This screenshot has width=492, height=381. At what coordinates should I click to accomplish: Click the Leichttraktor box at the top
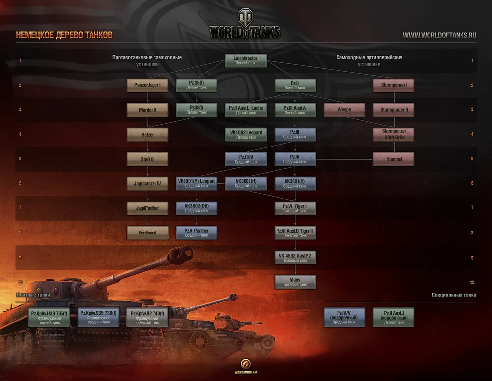click(246, 60)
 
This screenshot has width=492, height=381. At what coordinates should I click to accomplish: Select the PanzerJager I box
click(147, 85)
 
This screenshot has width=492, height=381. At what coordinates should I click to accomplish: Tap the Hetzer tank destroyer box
click(147, 134)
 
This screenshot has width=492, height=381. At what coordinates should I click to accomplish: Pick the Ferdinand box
click(147, 233)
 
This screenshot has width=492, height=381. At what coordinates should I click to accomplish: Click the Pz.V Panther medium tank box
click(196, 233)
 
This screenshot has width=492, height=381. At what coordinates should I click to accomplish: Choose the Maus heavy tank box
click(295, 282)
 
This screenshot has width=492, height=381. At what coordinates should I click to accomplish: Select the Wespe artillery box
click(344, 110)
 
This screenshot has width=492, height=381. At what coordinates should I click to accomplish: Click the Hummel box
click(393, 159)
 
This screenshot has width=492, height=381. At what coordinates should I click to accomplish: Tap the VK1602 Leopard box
click(246, 134)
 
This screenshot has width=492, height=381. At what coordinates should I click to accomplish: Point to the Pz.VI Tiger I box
click(295, 208)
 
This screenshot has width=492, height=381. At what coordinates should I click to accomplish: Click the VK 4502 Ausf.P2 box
click(295, 257)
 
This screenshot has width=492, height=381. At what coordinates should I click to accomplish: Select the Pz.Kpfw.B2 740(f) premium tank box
click(147, 317)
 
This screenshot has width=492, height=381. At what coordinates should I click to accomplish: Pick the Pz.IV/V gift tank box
click(344, 317)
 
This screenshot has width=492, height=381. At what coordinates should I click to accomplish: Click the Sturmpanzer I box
click(393, 85)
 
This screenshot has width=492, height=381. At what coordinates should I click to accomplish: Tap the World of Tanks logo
click(245, 25)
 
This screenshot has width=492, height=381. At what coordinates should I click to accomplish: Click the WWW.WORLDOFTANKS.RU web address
click(439, 35)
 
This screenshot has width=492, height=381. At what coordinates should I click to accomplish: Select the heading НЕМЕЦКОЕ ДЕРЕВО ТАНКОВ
click(64, 35)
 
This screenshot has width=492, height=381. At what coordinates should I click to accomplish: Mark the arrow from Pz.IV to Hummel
click(344, 159)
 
